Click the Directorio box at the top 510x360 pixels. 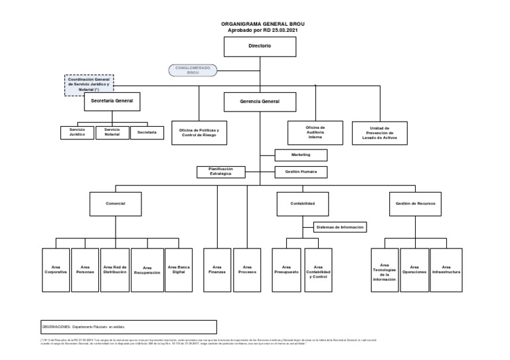coord(260,47)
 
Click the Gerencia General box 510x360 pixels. coord(260,102)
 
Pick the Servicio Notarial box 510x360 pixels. coord(112,133)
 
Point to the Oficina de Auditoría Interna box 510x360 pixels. coord(315,133)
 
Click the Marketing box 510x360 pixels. coord(301,155)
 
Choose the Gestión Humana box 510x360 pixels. coord(301,172)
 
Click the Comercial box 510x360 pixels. coord(116,203)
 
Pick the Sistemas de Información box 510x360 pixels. coord(339,227)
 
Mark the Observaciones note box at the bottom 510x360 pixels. coord(128,327)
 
